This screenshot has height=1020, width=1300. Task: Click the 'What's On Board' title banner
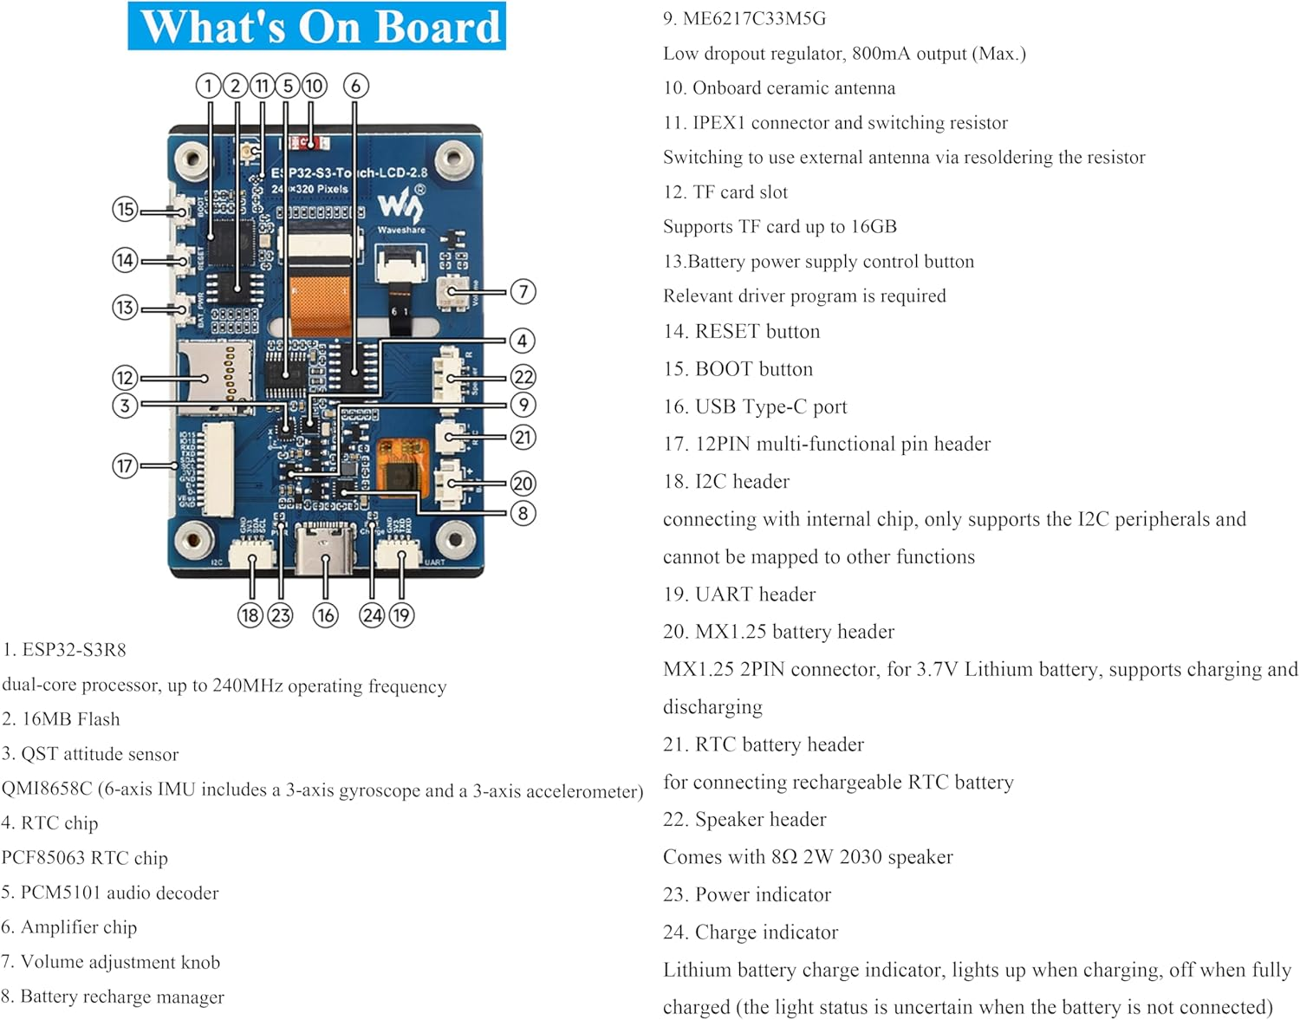[x=317, y=26]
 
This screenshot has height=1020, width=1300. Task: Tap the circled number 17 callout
[x=125, y=466]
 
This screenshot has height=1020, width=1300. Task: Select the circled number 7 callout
[x=523, y=292]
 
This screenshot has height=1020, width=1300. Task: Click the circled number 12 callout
[x=125, y=378]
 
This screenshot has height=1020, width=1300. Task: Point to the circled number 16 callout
[x=325, y=615]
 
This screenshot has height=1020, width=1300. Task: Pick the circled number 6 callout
[x=355, y=86]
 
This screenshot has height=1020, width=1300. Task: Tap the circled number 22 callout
[x=523, y=377]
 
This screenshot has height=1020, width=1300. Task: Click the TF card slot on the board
[x=215, y=373]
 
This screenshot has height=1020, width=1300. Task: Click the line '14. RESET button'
[x=741, y=332]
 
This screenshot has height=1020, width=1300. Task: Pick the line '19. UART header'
[x=739, y=594]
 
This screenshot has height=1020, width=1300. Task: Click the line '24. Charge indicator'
[x=751, y=932]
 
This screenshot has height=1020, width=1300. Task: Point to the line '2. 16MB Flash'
[x=62, y=719]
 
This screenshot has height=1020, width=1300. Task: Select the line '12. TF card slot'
[x=725, y=192]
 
